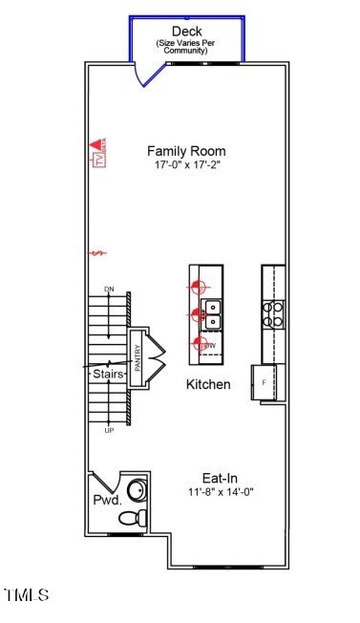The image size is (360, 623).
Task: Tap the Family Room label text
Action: click(x=186, y=151)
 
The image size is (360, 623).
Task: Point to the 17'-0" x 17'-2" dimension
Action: click(x=186, y=165)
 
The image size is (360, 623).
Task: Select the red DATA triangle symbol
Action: click(x=95, y=144)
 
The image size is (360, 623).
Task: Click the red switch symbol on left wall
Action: click(x=95, y=253)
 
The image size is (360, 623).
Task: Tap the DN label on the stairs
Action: click(x=110, y=290)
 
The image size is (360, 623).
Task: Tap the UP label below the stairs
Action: click(x=110, y=431)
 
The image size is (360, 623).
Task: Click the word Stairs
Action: click(x=108, y=375)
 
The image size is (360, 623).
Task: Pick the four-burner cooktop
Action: click(x=273, y=313)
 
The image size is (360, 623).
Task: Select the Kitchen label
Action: click(x=208, y=384)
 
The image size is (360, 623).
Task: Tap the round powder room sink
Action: click(x=137, y=491)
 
